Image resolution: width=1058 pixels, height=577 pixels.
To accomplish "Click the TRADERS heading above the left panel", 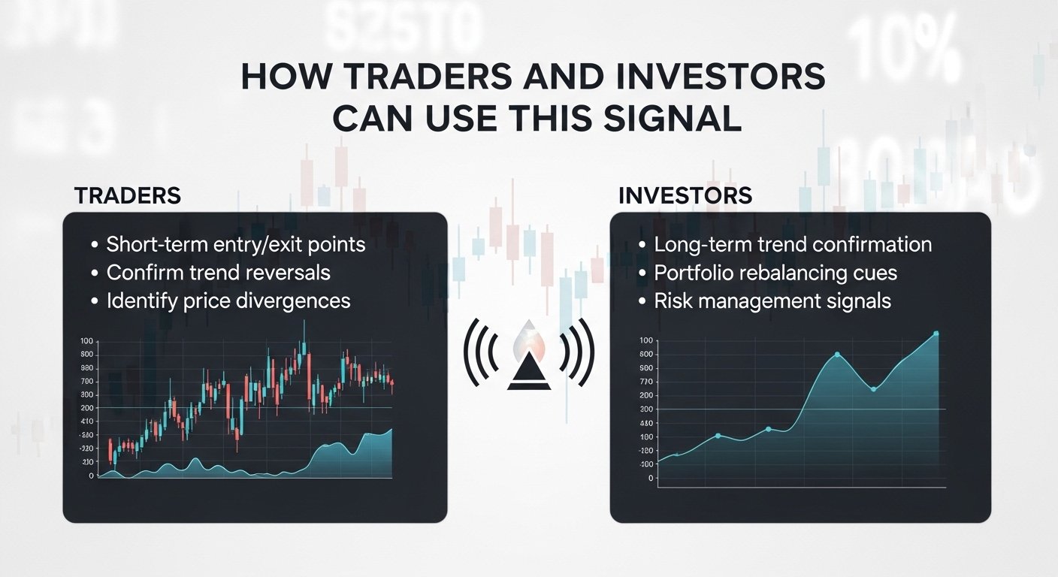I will (127, 195).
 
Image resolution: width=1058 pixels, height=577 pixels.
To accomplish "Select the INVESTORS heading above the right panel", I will (685, 195).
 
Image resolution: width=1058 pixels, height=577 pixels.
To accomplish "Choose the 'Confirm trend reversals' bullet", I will (218, 272).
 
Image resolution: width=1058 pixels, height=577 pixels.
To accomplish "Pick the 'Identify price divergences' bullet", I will (228, 301).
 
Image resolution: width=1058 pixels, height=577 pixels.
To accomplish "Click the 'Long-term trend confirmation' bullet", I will (793, 244).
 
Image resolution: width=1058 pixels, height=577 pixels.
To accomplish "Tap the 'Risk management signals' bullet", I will (772, 301).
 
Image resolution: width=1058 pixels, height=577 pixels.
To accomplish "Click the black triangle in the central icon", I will (529, 375).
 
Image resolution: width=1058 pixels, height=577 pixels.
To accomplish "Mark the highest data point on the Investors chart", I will (936, 334).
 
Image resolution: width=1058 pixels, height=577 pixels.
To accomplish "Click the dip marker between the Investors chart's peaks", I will (873, 388).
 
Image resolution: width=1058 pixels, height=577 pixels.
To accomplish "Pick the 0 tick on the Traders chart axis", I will (91, 476).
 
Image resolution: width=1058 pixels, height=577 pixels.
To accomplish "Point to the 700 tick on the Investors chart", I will (645, 382).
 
